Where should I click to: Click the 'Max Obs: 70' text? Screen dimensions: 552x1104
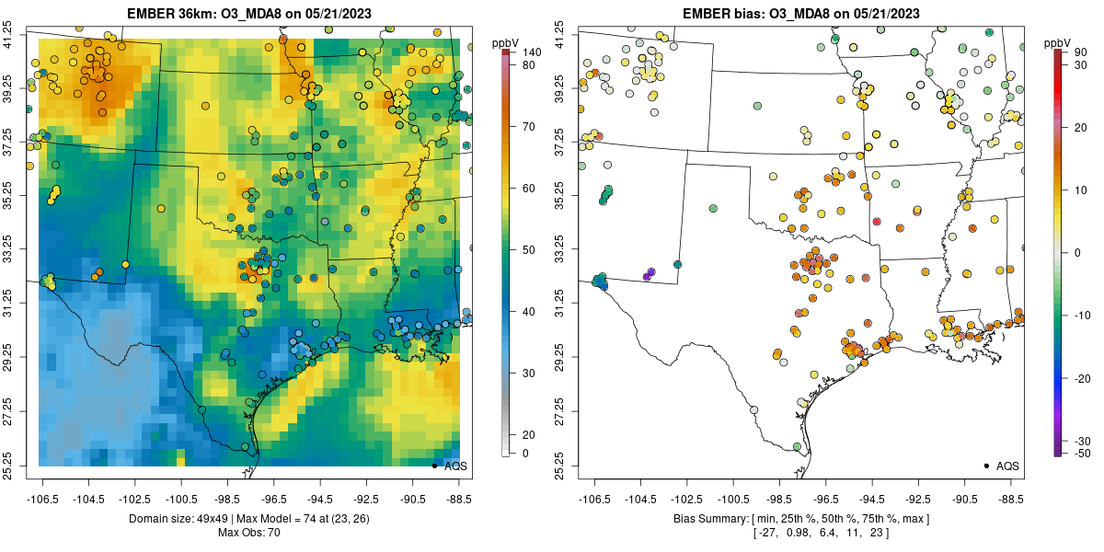(247, 533)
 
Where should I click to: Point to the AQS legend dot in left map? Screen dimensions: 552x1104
(434, 466)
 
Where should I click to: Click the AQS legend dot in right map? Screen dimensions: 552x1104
(986, 466)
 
